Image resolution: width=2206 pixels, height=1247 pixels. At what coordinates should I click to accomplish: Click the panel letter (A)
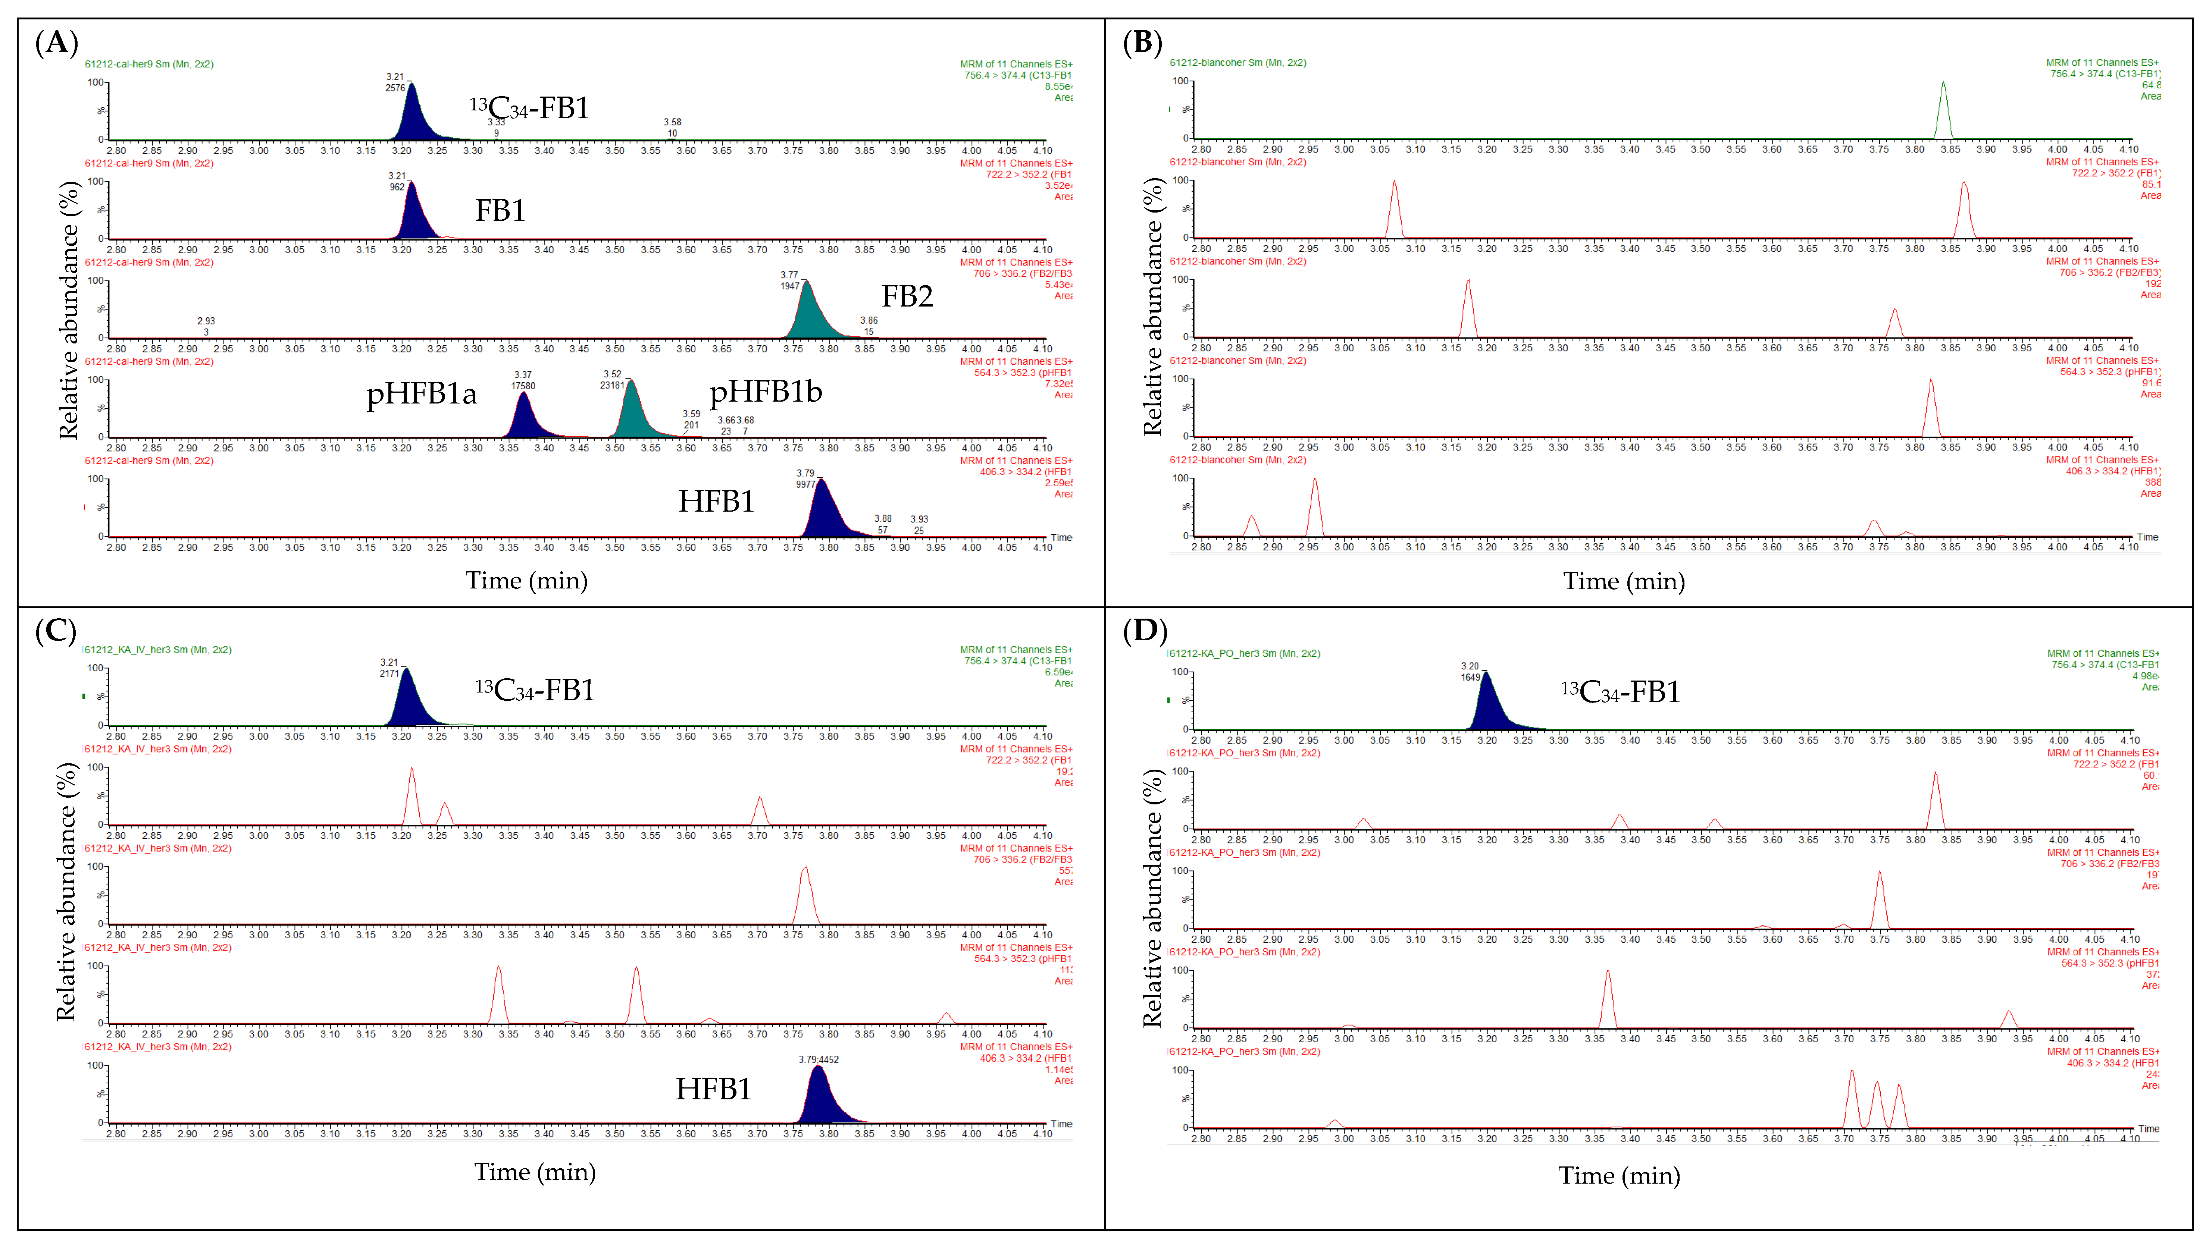pyautogui.click(x=57, y=42)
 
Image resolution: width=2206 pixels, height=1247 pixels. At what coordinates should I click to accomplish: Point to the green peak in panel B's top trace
pyautogui.click(x=1943, y=111)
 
